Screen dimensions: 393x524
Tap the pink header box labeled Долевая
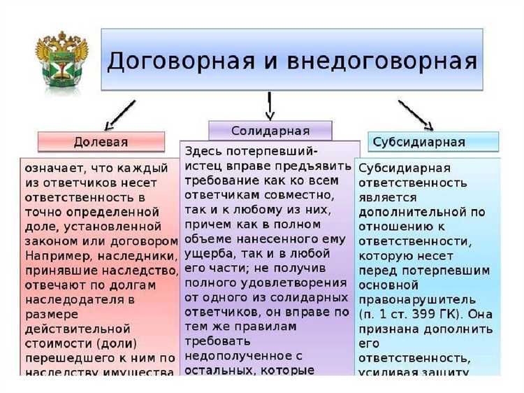pyautogui.click(x=101, y=142)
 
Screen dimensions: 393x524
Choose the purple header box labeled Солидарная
pyautogui.click(x=270, y=130)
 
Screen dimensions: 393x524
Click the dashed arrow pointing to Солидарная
pyautogui.click(x=269, y=106)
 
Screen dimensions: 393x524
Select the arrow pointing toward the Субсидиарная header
pyautogui.click(x=416, y=115)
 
